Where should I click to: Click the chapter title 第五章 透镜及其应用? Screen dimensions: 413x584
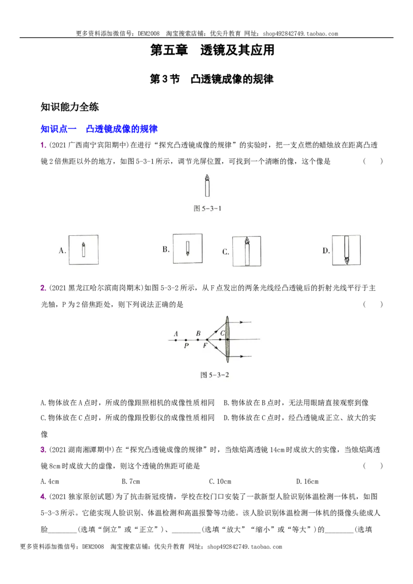click(212, 50)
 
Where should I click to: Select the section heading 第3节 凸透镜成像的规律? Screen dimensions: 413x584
click(211, 79)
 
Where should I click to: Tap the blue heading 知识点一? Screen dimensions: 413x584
click(58, 129)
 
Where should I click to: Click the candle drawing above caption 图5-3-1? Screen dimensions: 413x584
click(207, 185)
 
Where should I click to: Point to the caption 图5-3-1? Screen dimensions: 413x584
click(207, 208)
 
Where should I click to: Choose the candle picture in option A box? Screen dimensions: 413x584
click(84, 250)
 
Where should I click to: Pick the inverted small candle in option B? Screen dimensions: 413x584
click(187, 249)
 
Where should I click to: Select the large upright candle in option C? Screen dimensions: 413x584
click(247, 251)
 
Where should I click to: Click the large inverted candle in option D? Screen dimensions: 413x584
click(346, 250)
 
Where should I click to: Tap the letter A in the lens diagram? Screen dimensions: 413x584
click(176, 334)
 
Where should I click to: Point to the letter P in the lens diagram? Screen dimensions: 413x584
click(186, 346)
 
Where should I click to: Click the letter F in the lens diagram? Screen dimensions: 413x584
click(205, 346)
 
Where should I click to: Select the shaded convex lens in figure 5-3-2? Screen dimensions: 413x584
click(227, 339)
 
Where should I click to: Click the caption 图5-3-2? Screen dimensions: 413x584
click(214, 375)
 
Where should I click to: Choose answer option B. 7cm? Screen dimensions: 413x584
click(131, 481)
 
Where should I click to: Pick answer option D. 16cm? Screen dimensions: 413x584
click(307, 481)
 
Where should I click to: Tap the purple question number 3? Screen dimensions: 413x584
click(43, 450)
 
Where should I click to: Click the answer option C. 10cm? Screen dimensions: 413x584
click(220, 481)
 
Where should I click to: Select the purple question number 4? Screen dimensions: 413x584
click(43, 497)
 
